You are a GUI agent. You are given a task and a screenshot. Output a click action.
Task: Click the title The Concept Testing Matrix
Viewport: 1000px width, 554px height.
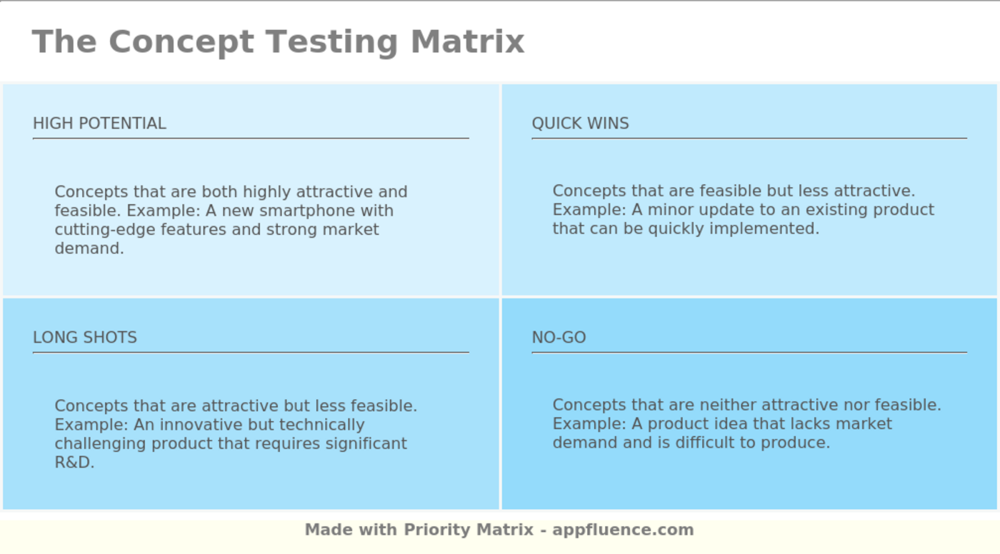278,42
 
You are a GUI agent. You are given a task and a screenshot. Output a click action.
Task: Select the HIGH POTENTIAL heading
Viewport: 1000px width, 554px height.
99,124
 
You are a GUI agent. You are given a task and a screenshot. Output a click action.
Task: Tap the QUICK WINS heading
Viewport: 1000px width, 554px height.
580,124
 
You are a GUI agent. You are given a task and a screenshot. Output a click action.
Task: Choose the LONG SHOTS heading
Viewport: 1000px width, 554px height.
85,338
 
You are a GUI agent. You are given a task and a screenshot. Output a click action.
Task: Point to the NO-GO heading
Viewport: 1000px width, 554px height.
559,338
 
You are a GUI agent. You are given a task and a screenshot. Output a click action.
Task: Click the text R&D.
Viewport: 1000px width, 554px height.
74,463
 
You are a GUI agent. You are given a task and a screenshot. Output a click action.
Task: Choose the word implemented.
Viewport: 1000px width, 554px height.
764,229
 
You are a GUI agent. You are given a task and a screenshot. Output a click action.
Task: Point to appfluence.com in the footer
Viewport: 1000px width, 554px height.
623,530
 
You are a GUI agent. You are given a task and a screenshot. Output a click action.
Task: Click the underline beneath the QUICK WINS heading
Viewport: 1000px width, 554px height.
749,138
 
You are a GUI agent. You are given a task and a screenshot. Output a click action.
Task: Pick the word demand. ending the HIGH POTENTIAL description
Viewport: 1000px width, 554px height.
89,248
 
